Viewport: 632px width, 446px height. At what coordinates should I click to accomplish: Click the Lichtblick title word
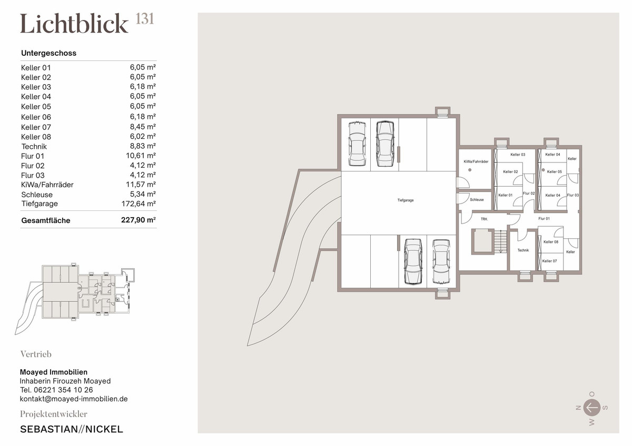(x=74, y=24)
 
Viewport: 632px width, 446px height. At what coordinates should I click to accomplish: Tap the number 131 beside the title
(x=145, y=19)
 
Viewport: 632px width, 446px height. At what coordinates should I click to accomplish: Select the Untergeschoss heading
(x=48, y=53)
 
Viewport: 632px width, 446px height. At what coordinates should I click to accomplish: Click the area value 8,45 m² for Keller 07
(x=143, y=127)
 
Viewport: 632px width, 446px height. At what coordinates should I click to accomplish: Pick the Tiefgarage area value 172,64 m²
(x=139, y=204)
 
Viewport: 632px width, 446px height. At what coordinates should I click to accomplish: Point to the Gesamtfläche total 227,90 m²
(x=139, y=220)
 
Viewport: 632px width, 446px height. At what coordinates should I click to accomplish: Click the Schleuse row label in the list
(x=37, y=195)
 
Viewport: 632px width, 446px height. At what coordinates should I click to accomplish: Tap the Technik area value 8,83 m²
(x=143, y=146)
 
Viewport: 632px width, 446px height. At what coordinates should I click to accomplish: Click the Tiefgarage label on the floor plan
(x=406, y=200)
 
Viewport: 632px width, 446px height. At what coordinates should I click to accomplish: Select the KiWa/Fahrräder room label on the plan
(x=476, y=161)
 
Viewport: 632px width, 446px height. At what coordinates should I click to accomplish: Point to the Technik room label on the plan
(x=523, y=250)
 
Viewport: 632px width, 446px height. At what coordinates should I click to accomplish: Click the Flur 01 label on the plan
(x=544, y=219)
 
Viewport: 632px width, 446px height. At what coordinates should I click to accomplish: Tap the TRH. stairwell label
(x=484, y=219)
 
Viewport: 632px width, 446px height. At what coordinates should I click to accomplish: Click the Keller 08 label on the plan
(x=551, y=242)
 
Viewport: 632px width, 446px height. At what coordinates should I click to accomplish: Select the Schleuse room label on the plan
(x=477, y=199)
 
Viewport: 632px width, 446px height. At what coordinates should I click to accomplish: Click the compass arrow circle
(x=591, y=408)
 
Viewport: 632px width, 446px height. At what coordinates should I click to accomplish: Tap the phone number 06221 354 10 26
(x=63, y=390)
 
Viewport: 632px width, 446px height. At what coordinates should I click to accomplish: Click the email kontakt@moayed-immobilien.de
(x=74, y=399)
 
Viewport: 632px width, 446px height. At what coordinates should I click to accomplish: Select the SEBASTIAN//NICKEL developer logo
(x=72, y=429)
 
